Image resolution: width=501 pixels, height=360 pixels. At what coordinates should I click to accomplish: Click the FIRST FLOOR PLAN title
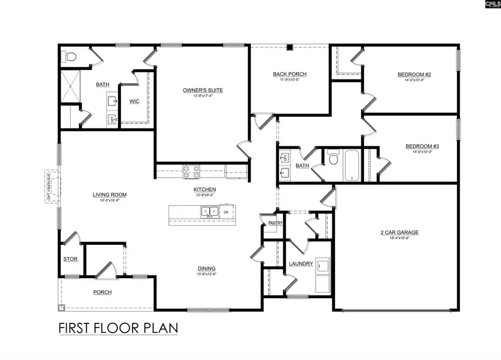pos(118,328)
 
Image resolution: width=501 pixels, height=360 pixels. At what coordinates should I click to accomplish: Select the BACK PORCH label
pos(289,74)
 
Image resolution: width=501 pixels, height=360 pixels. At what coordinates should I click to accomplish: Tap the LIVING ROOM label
pos(110,195)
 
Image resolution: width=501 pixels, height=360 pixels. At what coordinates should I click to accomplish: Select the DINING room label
pos(205,268)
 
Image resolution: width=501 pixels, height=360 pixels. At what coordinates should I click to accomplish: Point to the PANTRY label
pos(276,224)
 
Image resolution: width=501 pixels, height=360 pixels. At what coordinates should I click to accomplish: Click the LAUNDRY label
pos(301,264)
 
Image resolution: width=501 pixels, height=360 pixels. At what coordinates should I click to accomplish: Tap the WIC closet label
pos(134,101)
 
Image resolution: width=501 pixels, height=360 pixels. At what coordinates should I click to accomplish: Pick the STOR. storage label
pos(71,259)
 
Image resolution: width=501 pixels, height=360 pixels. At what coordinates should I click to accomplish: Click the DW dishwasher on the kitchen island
pos(225,212)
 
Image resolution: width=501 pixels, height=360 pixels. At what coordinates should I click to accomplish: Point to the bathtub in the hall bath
pos(352,165)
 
